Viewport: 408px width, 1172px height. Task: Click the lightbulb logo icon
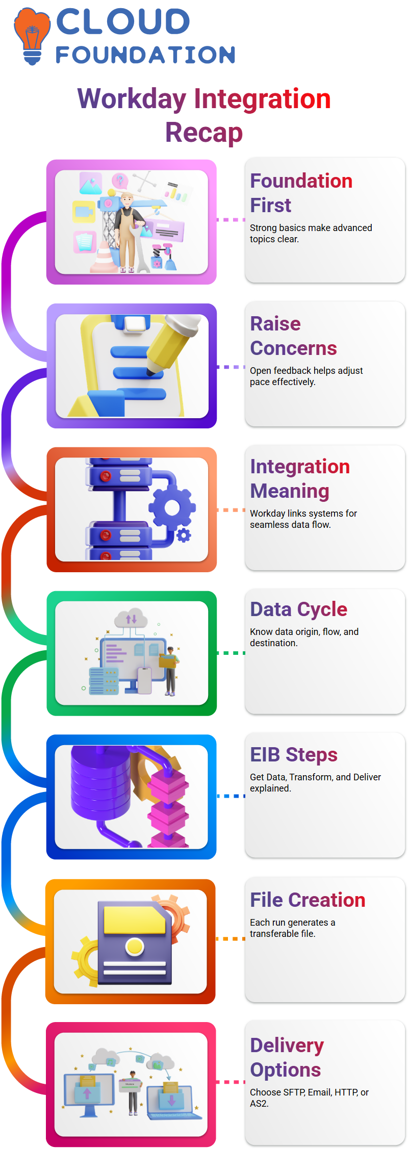pyautogui.click(x=32, y=36)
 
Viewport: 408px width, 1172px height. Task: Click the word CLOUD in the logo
pyautogui.click(x=123, y=22)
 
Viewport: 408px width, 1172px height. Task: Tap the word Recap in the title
pyautogui.click(x=204, y=133)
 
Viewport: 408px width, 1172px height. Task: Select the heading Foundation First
pyautogui.click(x=301, y=193)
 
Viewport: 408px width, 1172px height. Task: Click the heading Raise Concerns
pyautogui.click(x=293, y=336)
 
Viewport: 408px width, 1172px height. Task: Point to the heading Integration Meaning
pyautogui.click(x=300, y=478)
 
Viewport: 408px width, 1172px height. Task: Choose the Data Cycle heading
pyautogui.click(x=298, y=609)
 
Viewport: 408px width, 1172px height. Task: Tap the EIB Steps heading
pyautogui.click(x=294, y=754)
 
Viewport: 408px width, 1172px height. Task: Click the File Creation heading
pyautogui.click(x=308, y=900)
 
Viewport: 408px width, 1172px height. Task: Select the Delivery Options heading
pyautogui.click(x=287, y=1057)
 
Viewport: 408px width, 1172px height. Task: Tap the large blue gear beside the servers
pyautogui.click(x=172, y=507)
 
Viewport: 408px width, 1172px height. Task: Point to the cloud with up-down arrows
pyautogui.click(x=131, y=618)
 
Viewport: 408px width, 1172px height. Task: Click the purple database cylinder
pyautogui.click(x=100, y=783)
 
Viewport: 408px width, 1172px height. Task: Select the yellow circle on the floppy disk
pyautogui.click(x=135, y=947)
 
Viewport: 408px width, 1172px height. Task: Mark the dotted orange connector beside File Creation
pyautogui.click(x=231, y=938)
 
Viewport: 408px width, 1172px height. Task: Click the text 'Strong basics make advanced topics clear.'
pyautogui.click(x=311, y=233)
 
